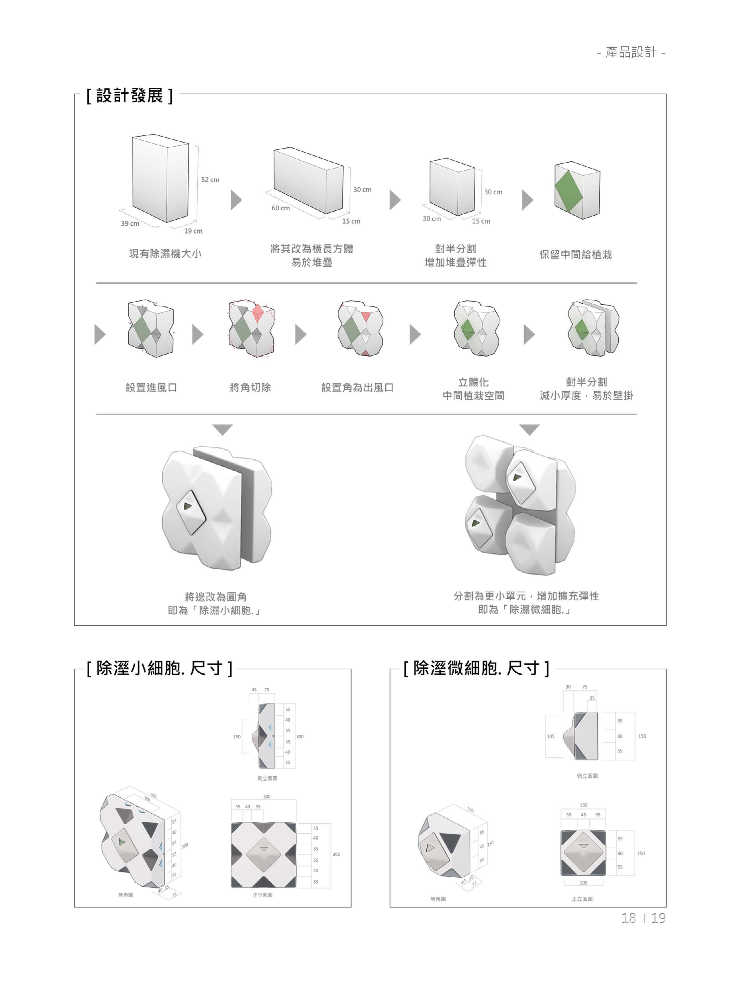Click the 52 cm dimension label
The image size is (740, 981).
click(210, 180)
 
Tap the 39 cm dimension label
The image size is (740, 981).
click(130, 223)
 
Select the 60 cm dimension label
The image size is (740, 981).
click(281, 208)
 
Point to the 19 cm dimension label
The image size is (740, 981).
click(193, 231)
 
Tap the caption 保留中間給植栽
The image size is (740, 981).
click(576, 254)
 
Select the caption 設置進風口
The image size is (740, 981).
click(151, 388)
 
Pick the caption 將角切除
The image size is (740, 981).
click(250, 388)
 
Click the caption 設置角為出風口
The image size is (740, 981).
click(357, 388)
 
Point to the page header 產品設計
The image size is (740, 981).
click(631, 53)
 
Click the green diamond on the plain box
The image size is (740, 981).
click(569, 189)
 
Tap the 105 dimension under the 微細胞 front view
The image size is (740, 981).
click(583, 883)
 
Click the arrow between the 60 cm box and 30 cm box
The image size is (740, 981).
click(395, 200)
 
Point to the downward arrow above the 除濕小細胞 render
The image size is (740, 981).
click(222, 430)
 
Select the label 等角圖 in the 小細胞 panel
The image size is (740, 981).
click(126, 895)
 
